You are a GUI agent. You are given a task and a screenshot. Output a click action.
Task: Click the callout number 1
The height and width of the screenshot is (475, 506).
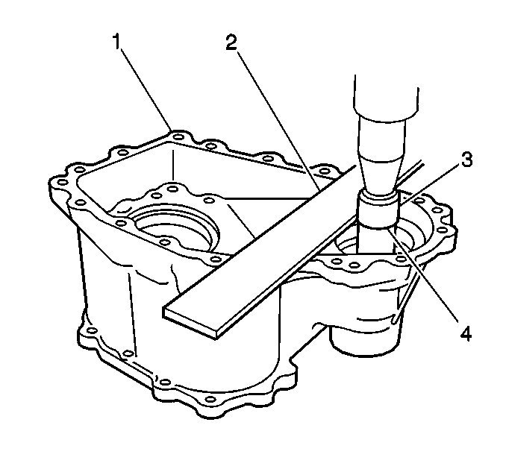(117, 42)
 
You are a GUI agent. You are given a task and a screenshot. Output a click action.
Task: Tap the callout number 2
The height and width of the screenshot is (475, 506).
(231, 43)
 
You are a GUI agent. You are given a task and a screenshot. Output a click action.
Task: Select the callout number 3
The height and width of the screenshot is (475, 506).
(466, 160)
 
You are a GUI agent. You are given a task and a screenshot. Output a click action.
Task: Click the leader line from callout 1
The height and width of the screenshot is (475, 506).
(146, 89)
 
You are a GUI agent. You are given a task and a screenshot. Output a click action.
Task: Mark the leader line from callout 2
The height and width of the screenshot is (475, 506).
(278, 119)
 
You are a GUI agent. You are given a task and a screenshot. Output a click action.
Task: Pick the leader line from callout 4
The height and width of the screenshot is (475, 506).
(423, 275)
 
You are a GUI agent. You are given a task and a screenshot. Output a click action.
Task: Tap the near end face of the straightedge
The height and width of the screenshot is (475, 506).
(190, 322)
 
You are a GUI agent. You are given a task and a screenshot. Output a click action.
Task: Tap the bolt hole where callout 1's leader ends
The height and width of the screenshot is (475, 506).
(178, 137)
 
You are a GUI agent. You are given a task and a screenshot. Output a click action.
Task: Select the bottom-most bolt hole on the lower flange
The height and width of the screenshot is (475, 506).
(210, 400)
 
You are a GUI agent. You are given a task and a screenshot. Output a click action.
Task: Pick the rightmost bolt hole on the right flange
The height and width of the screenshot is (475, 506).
(443, 230)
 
